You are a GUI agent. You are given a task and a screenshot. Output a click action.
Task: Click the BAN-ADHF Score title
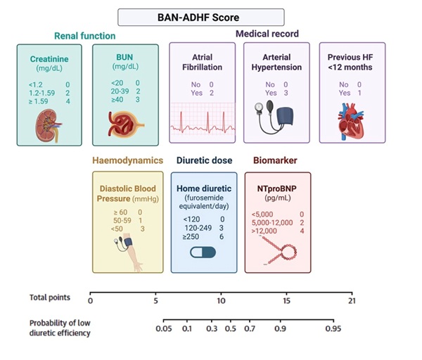pos(201,18)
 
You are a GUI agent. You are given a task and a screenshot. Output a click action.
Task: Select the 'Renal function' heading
pos(84,36)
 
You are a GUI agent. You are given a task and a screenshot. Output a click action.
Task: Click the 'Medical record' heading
pos(267,34)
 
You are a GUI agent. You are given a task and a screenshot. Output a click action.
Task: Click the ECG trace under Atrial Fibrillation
pos(202,118)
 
